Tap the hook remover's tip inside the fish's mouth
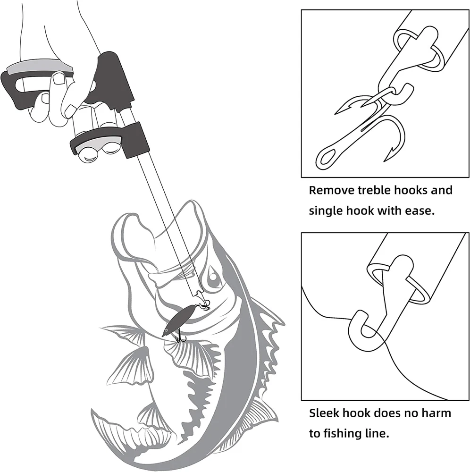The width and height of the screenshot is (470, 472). point(199,293)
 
